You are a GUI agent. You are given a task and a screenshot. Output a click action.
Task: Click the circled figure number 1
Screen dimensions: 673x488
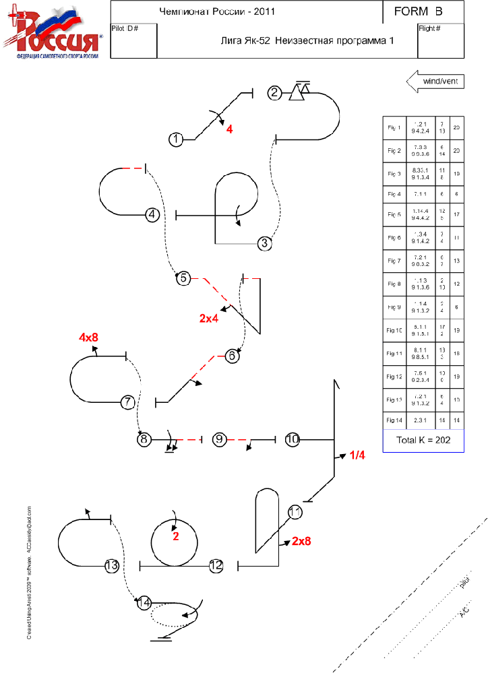pyautogui.click(x=176, y=139)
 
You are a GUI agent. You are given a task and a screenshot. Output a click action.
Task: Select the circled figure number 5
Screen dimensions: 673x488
pyautogui.click(x=183, y=278)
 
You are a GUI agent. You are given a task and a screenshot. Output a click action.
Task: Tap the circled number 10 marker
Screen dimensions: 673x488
pyautogui.click(x=292, y=439)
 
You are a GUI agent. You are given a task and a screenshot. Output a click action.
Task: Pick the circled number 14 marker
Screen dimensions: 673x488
pyautogui.click(x=144, y=603)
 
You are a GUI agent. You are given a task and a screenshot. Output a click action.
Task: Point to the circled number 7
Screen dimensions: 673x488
pyautogui.click(x=128, y=402)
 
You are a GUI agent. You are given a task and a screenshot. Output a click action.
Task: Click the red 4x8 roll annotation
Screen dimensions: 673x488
pyautogui.click(x=90, y=336)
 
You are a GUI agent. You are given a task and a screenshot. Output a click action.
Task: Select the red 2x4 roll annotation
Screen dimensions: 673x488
pyautogui.click(x=209, y=318)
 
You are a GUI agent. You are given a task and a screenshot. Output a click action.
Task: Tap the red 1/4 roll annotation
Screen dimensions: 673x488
pyautogui.click(x=357, y=455)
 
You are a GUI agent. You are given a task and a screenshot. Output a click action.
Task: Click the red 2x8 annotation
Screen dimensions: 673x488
pyautogui.click(x=301, y=540)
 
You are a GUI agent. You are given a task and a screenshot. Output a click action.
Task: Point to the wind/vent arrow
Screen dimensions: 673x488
pyautogui.click(x=435, y=82)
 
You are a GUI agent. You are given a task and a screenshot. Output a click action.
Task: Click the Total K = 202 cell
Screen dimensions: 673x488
pyautogui.click(x=422, y=441)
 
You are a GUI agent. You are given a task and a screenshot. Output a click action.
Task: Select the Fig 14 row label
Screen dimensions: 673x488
pyautogui.click(x=394, y=420)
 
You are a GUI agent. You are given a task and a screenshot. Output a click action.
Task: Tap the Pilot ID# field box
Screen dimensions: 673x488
pyautogui.click(x=133, y=41)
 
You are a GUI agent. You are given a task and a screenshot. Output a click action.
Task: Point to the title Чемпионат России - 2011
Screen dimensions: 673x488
pyautogui.click(x=216, y=11)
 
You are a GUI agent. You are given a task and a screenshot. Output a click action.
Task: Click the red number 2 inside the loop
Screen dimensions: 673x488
pyautogui.click(x=175, y=536)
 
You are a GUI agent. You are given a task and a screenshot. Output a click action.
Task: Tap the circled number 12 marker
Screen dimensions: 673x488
pyautogui.click(x=216, y=566)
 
